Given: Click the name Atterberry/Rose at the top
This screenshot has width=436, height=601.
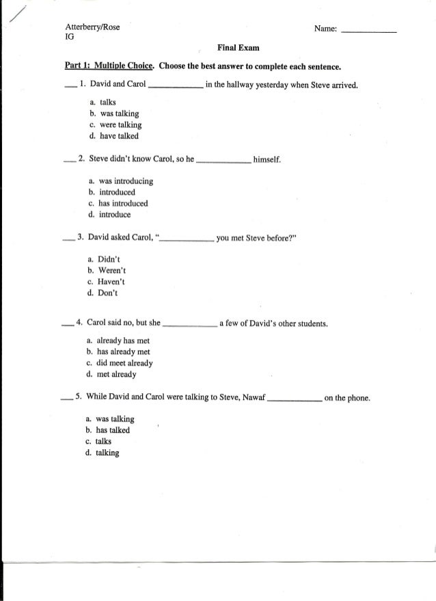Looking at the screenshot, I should (92, 27).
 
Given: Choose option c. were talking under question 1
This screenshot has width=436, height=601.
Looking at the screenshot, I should (115, 125).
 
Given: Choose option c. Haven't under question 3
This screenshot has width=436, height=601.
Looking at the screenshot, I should (107, 282).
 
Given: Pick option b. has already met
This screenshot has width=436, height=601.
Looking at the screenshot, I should (118, 352).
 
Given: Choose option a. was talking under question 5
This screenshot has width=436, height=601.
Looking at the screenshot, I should (110, 418).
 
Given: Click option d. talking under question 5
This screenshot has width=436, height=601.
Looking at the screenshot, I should (103, 452).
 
